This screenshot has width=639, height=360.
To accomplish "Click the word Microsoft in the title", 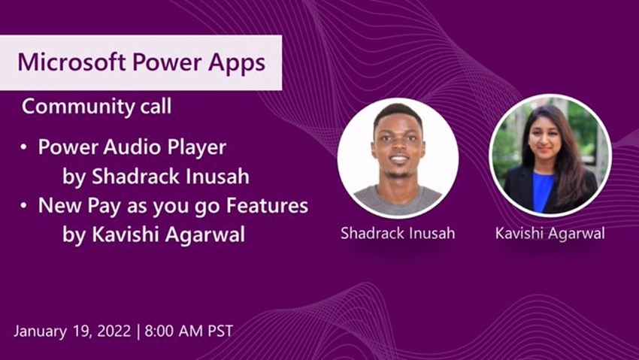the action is pyautogui.click(x=71, y=62).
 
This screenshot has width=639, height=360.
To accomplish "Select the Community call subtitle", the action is pyautogui.click(x=96, y=107).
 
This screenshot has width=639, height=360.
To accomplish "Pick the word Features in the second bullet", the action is pyautogui.click(x=267, y=205).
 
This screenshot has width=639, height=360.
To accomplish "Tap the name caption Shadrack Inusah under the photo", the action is pyautogui.click(x=398, y=233).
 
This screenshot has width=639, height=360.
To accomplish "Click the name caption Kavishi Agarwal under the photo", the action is pyautogui.click(x=550, y=234).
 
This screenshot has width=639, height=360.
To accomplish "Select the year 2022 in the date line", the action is pyautogui.click(x=114, y=331).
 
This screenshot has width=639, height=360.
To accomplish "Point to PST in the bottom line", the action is pyautogui.click(x=220, y=331).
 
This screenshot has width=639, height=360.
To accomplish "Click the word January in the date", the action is pyautogui.click(x=40, y=331).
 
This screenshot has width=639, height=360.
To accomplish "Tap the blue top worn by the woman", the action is pyautogui.click(x=543, y=191).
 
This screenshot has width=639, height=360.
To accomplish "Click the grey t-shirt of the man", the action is pyautogui.click(x=398, y=200).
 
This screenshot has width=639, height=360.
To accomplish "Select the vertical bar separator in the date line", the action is pyautogui.click(x=138, y=331).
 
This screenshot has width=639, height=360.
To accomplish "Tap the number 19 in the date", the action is pyautogui.click(x=81, y=331).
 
